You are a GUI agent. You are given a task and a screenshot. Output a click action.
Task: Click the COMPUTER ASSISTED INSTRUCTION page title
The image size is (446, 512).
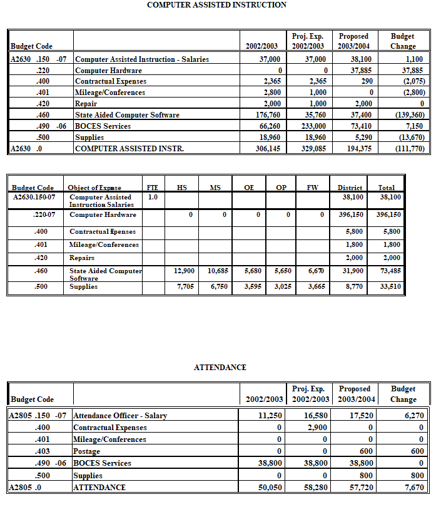216,5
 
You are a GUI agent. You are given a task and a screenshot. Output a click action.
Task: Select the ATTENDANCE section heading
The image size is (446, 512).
220,368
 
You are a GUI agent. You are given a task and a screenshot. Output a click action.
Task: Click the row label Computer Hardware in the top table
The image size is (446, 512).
108,71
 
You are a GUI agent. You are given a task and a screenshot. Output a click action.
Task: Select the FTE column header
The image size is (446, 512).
152,188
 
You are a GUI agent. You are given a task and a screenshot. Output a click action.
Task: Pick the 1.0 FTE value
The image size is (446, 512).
153,197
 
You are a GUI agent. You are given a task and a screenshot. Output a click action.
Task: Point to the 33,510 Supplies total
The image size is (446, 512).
390,288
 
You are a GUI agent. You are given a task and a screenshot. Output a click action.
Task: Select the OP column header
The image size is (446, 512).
281,188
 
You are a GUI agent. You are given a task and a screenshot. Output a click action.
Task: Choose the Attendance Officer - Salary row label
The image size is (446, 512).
120,416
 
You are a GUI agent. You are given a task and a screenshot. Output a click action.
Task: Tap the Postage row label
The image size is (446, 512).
87,451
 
